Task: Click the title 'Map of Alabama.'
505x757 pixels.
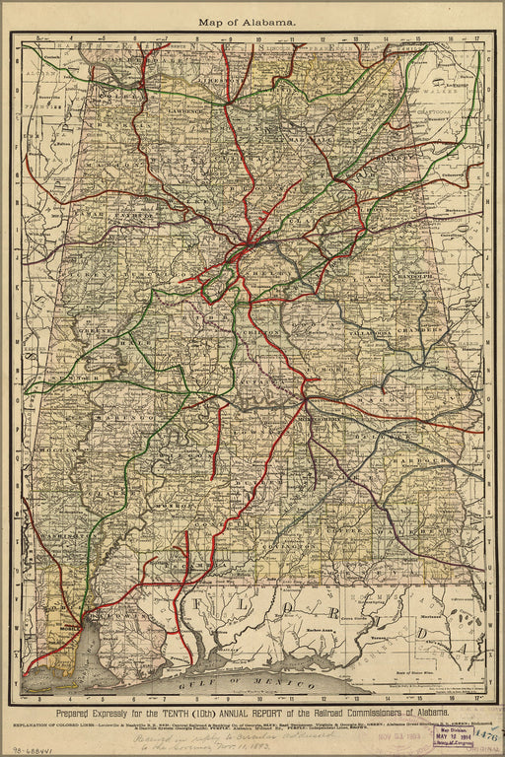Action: pyautogui.click(x=247, y=21)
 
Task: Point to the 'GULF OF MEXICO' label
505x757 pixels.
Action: pyautogui.click(x=237, y=681)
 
